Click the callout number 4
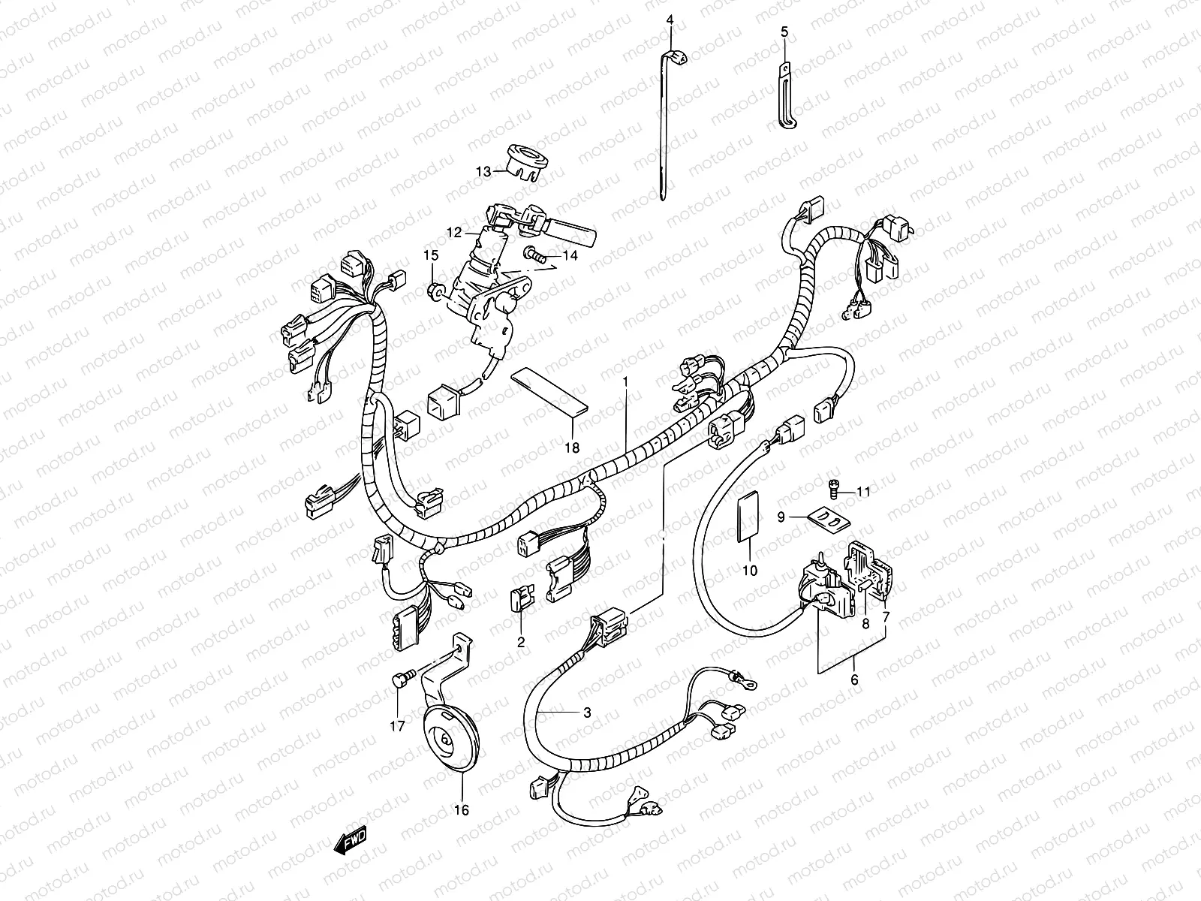coord(670,20)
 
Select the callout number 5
coord(784,32)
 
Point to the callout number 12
coord(454,233)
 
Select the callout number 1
coord(625,382)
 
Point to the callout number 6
coord(854,680)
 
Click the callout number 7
coord(886,617)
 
